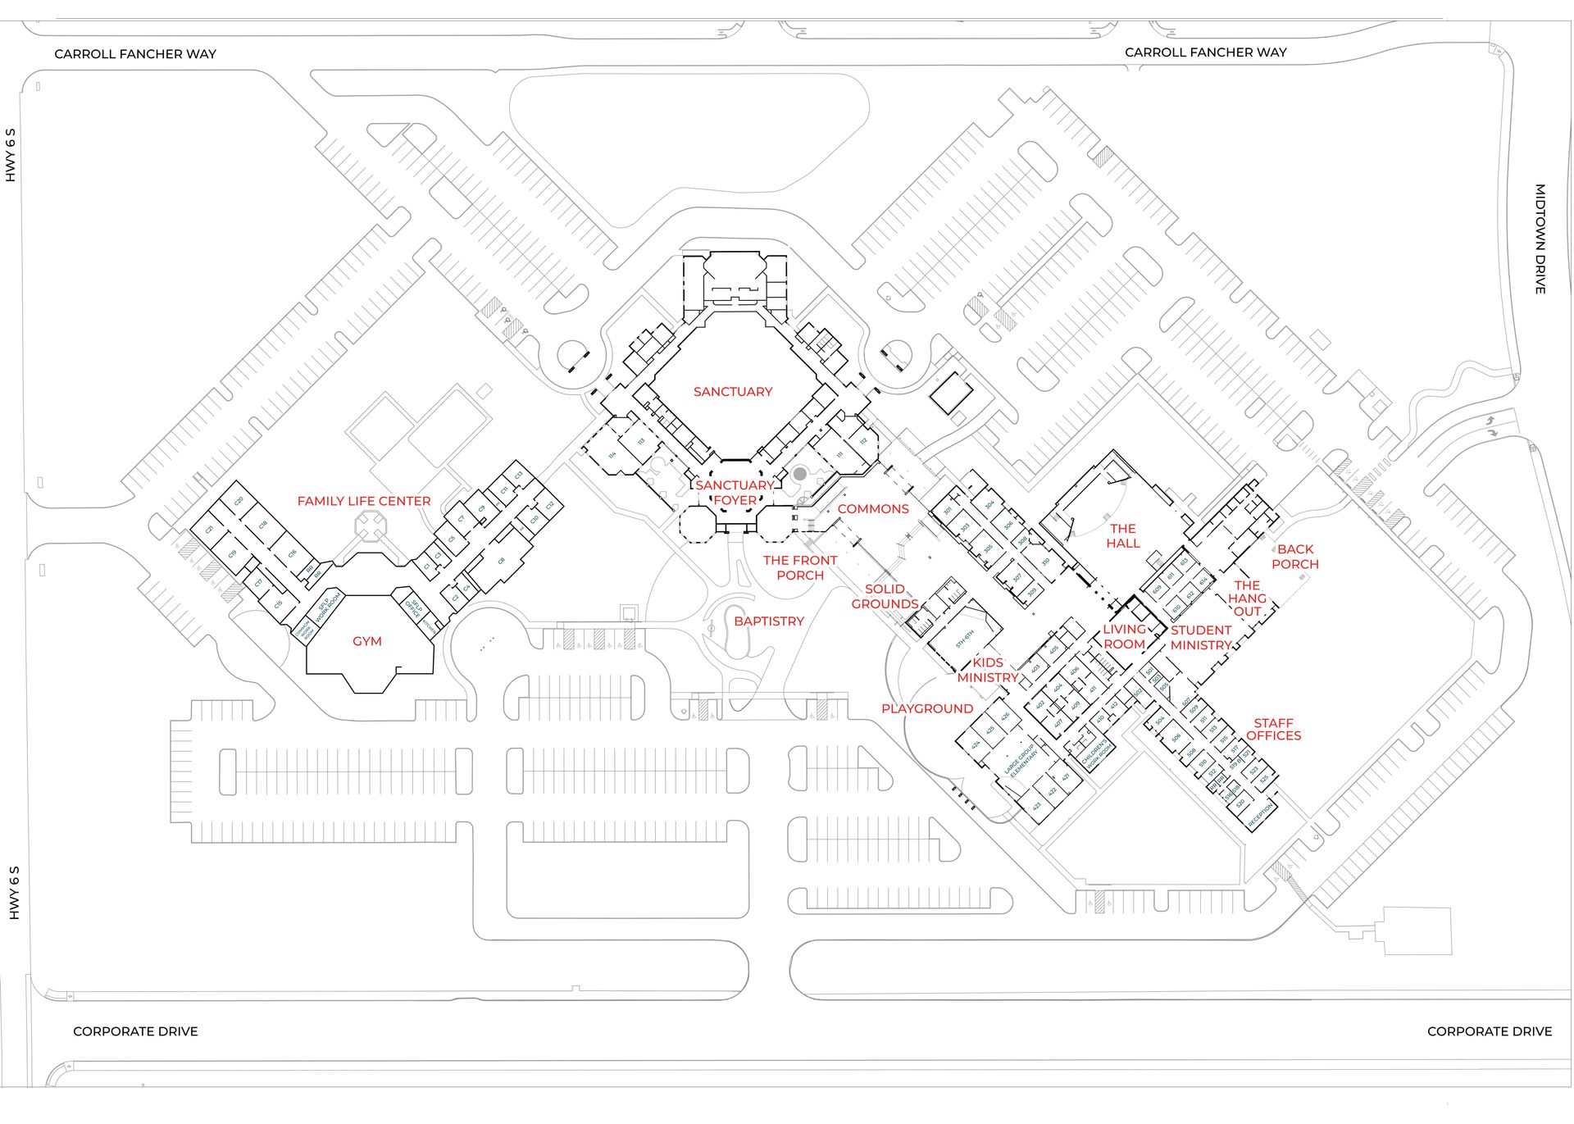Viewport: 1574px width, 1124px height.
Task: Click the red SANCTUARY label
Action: point(732,392)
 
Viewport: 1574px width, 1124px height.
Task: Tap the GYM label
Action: point(366,641)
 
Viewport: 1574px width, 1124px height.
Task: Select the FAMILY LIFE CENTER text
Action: point(363,501)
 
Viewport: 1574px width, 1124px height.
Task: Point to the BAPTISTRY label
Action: point(768,621)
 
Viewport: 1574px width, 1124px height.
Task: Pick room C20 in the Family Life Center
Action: point(239,501)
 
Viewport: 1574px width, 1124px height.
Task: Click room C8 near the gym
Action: point(501,561)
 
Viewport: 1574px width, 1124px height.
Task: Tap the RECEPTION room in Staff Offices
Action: point(1260,813)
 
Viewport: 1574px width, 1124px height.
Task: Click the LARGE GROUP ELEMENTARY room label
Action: point(1021,760)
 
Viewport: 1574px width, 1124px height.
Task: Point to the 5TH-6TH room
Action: point(964,639)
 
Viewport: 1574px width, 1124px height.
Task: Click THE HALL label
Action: point(1122,536)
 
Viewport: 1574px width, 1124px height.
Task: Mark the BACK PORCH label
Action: point(1294,557)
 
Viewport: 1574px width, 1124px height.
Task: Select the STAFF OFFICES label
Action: point(1273,730)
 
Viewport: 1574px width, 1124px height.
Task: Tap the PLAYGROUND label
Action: point(926,708)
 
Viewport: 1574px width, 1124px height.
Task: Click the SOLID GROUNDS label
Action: point(884,597)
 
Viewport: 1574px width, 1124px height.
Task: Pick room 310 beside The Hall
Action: point(1045,562)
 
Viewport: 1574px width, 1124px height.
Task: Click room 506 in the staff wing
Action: point(1176,738)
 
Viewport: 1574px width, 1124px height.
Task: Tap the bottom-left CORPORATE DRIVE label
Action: point(135,1031)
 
